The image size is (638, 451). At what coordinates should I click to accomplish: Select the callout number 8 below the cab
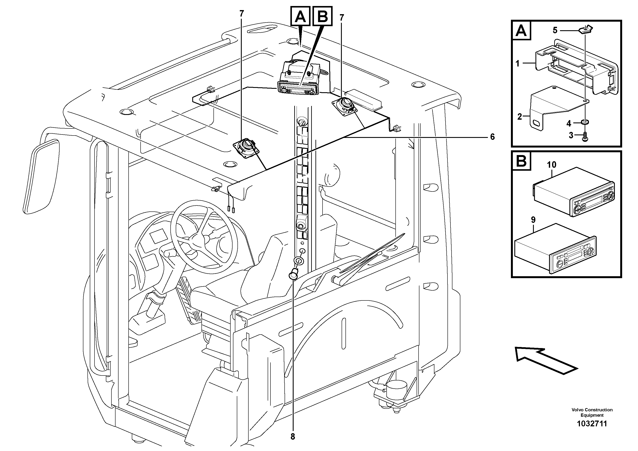pyautogui.click(x=293, y=437)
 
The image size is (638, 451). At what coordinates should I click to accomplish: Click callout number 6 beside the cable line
pyautogui.click(x=492, y=137)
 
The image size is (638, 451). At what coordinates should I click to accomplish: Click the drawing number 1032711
pyautogui.click(x=592, y=424)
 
